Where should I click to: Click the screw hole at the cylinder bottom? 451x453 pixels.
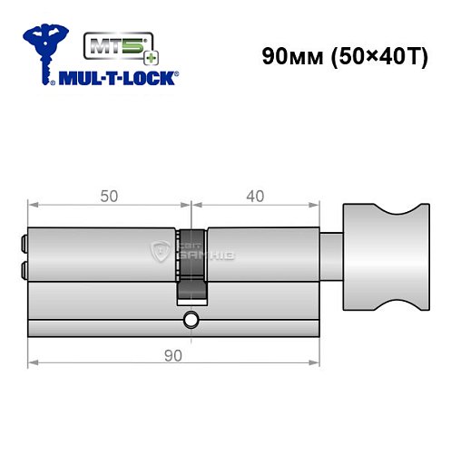191,320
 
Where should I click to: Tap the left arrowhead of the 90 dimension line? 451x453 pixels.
33,362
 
